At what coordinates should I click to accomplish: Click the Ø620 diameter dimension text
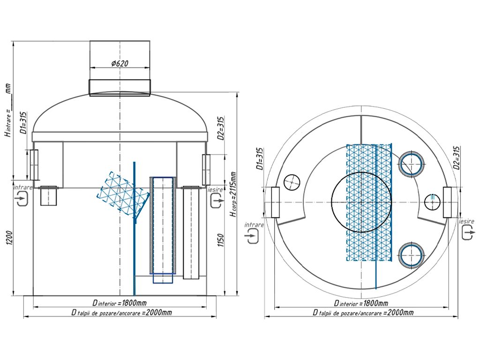coord(120,63)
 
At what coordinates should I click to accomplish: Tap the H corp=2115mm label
coord(232,194)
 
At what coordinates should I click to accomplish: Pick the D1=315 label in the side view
coord(23,123)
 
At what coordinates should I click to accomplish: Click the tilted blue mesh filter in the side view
coord(120,189)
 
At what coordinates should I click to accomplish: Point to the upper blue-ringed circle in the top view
coord(412,164)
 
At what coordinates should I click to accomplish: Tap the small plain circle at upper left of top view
coord(291,181)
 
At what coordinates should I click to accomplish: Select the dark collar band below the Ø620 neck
coord(120,88)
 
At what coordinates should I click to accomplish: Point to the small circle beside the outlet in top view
coord(432,202)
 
